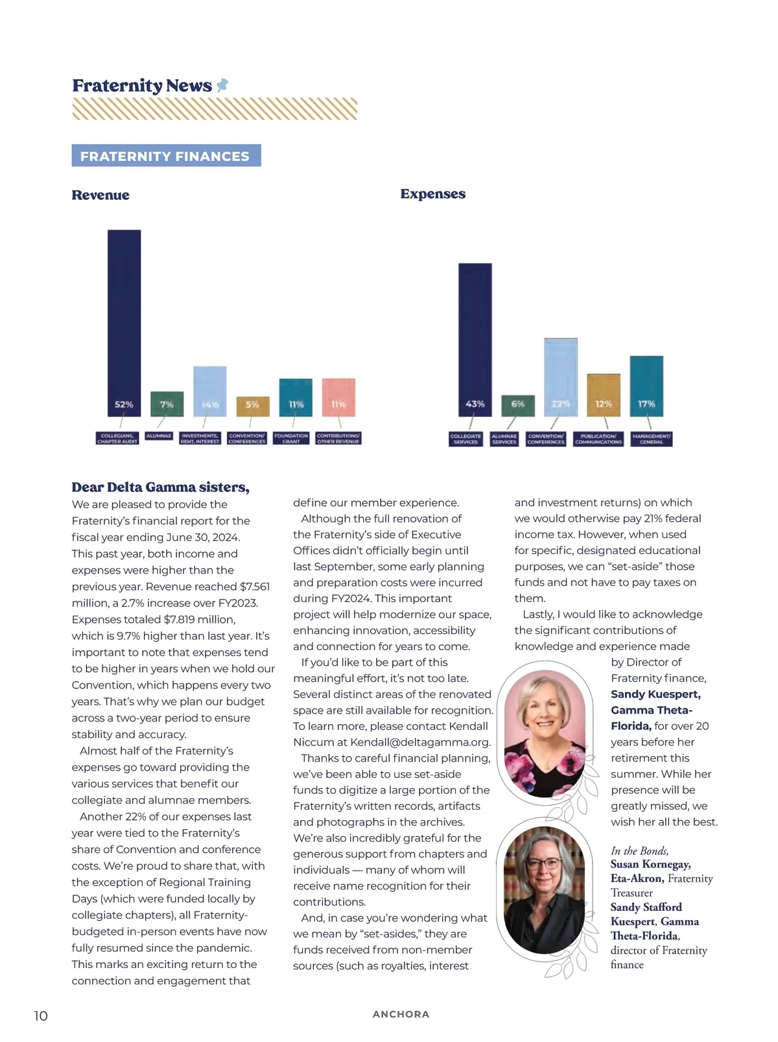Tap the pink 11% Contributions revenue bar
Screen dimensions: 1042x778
(338, 397)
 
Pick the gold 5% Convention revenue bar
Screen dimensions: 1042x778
(252, 406)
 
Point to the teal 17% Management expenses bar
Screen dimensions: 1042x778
(646, 385)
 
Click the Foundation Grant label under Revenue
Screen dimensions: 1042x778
(291, 439)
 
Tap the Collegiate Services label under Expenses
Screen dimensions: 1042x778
(466, 439)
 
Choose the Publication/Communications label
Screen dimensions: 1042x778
(598, 439)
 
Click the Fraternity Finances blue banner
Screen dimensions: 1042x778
(166, 156)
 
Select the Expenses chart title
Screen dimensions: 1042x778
(432, 194)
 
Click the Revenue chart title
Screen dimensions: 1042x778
(100, 195)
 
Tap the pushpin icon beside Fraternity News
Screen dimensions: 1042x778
(222, 85)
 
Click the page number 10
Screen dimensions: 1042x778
(41, 1015)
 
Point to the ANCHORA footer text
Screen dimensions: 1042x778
(401, 1014)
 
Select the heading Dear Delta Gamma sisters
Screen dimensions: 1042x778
(160, 487)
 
